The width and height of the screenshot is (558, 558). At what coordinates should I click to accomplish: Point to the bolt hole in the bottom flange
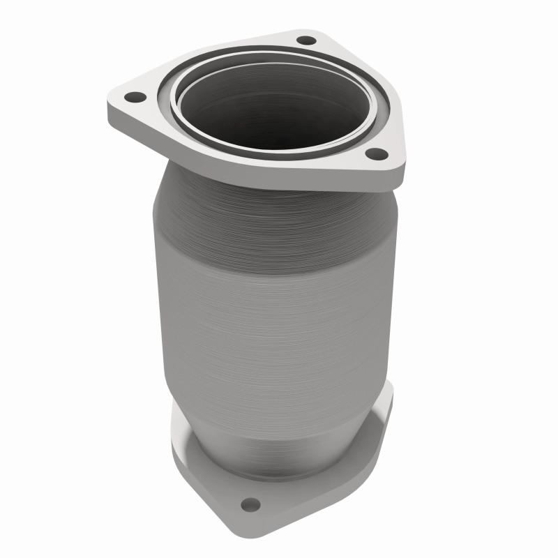[x=251, y=504]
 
